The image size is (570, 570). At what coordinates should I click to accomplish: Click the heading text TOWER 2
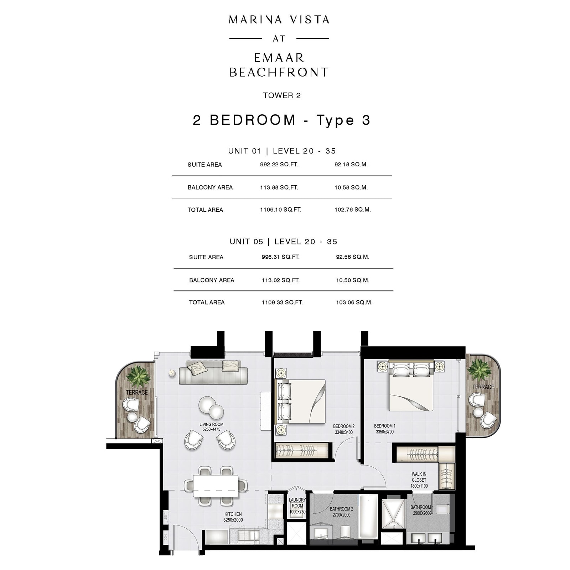coord(282,95)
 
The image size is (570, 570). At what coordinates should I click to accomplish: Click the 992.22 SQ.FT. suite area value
coord(279,165)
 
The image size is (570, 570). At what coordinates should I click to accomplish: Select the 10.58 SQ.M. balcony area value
coord(351,187)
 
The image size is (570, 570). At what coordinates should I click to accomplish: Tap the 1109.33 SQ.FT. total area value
coord(282,302)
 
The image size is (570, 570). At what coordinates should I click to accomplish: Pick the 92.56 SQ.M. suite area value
coord(352,257)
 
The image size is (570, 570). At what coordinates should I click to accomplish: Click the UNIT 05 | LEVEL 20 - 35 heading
coord(283,242)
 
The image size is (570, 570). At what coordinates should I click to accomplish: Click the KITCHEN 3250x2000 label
coord(233,517)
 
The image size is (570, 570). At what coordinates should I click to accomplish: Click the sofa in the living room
coord(213,373)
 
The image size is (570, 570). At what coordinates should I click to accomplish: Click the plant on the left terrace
coord(138,376)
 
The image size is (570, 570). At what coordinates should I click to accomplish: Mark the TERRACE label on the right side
coord(483,387)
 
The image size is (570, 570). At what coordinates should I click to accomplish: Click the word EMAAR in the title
coord(279,58)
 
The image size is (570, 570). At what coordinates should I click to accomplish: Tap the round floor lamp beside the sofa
coord(172,373)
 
